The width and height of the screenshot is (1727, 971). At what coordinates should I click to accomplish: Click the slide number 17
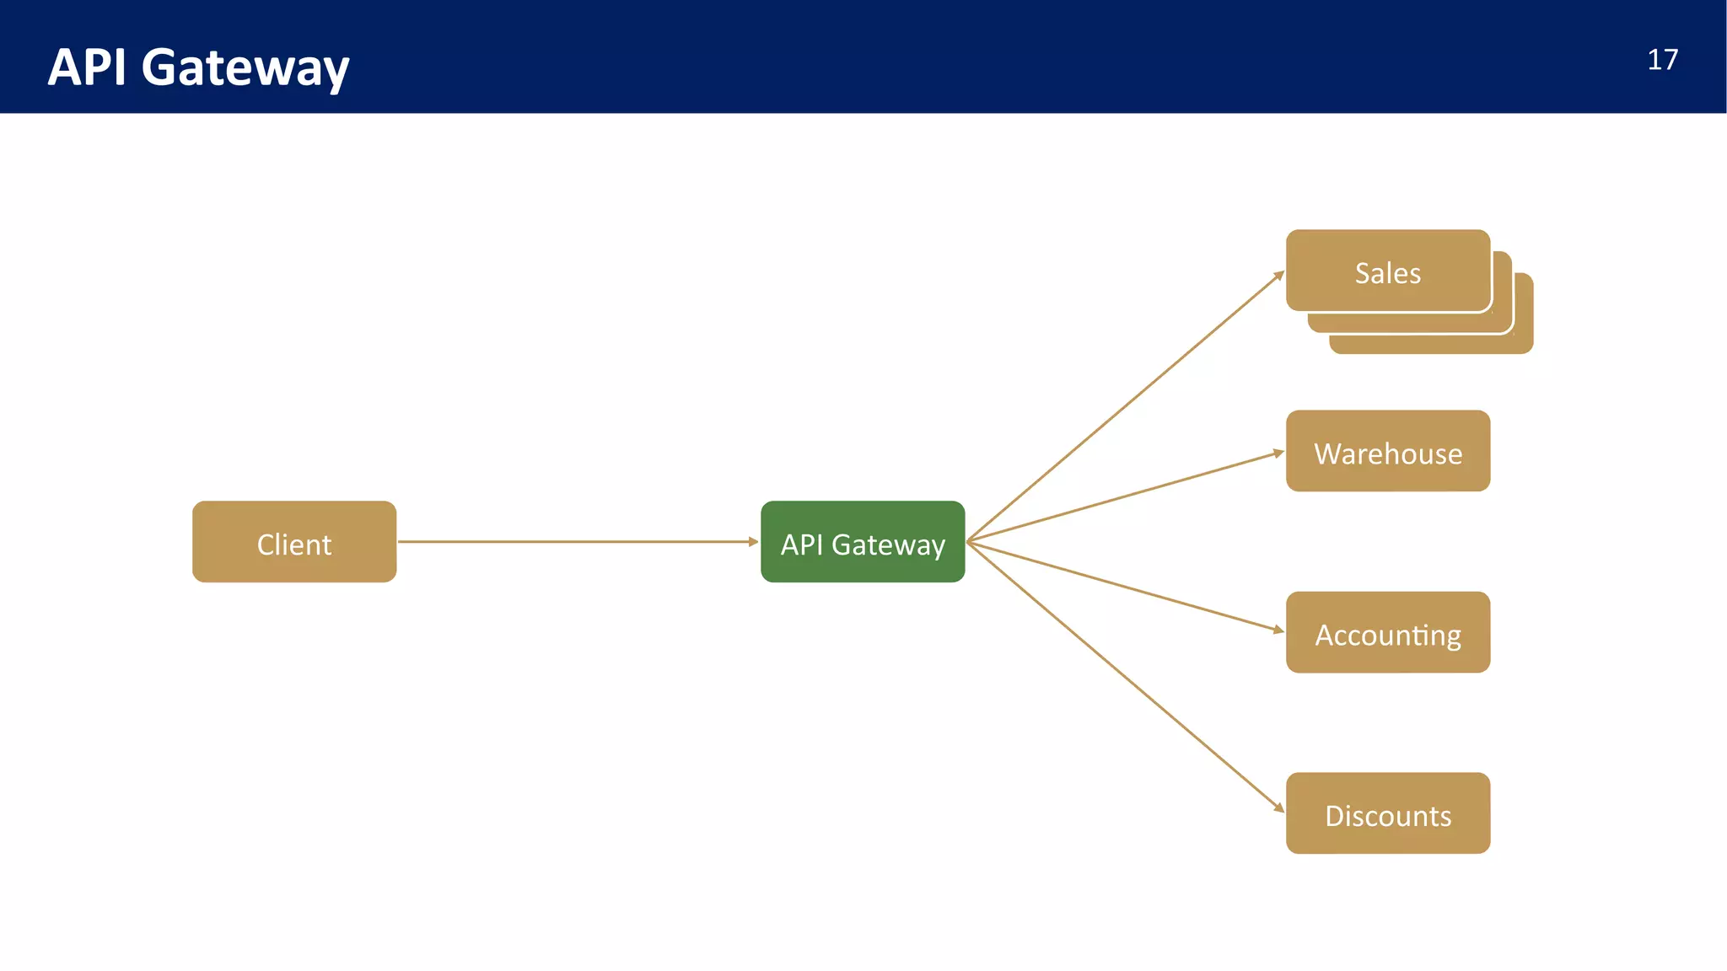[x=1662, y=60]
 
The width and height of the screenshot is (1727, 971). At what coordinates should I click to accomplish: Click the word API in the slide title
[x=87, y=67]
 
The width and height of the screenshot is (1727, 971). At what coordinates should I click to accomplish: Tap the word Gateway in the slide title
[x=245, y=68]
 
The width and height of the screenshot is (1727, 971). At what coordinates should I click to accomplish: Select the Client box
[x=294, y=542]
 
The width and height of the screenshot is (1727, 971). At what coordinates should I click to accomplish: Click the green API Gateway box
[x=863, y=542]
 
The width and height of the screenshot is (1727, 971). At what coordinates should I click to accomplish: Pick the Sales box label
[x=1387, y=272]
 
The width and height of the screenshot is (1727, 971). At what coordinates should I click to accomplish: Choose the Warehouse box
[x=1388, y=452]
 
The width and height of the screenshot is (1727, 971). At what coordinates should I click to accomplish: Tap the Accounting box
[x=1388, y=633]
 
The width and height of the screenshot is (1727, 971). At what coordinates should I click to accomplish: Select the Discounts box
[x=1388, y=813]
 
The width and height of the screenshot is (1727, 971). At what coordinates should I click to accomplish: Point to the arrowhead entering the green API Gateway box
[x=753, y=542]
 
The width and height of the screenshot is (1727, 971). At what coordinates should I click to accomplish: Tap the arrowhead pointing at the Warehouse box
[x=1278, y=453]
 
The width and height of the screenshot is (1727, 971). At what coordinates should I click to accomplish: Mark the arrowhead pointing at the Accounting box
[x=1278, y=629]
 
